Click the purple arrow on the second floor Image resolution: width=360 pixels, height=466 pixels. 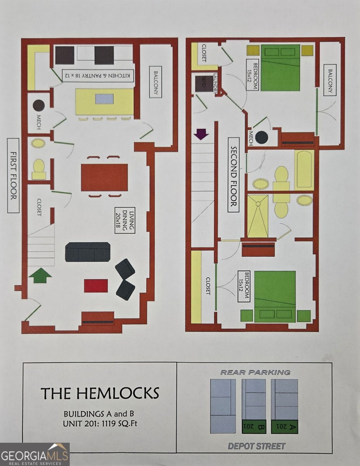click(x=201, y=134)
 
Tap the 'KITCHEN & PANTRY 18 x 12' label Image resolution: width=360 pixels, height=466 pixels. click(x=98, y=76)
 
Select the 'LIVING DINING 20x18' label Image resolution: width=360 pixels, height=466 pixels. click(x=125, y=220)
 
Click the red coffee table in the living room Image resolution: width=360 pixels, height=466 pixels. click(x=96, y=286)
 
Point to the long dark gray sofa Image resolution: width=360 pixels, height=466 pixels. click(x=88, y=252)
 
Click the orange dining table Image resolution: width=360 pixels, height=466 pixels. click(x=104, y=177)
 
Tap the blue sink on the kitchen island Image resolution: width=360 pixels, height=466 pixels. click(x=104, y=99)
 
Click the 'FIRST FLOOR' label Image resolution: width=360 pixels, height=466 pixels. click(x=13, y=176)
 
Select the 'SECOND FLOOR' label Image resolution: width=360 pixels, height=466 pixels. click(x=234, y=176)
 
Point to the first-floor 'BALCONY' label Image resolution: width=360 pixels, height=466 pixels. click(x=156, y=82)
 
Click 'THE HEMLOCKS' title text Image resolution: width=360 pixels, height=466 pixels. click(x=100, y=393)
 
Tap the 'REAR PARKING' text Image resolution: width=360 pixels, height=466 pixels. click(x=255, y=372)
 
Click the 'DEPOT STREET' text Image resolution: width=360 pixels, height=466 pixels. click(x=256, y=446)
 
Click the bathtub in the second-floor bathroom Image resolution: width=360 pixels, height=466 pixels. click(x=304, y=170)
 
